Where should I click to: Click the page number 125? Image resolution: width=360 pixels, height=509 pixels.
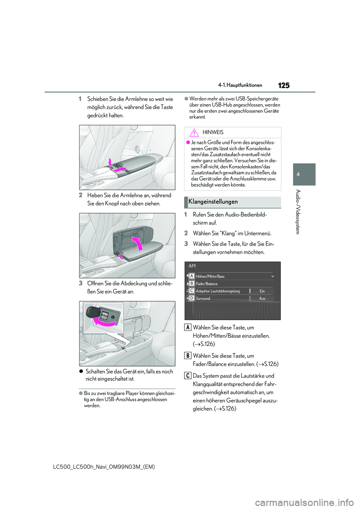(284, 85)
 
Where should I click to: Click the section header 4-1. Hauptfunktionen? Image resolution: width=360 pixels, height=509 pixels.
(240, 85)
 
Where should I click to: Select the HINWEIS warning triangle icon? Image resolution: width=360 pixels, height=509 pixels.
(194, 132)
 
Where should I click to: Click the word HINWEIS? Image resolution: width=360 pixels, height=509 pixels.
(213, 132)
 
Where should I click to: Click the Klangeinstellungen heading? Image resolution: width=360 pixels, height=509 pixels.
(213, 202)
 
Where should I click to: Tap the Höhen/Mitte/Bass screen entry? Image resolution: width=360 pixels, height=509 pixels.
(210, 277)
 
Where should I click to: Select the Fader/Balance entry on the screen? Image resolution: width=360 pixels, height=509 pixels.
(207, 284)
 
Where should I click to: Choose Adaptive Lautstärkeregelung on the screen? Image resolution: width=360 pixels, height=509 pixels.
(218, 291)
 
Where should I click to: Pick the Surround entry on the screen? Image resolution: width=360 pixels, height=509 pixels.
(203, 299)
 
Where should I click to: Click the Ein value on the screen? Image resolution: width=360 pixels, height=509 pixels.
(262, 291)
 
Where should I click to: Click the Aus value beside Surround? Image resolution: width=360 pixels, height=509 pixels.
(262, 299)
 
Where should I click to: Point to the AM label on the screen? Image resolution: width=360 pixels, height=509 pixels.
(192, 266)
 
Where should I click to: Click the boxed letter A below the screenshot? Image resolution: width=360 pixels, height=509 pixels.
(188, 327)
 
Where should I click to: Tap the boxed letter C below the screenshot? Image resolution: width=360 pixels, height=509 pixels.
(188, 376)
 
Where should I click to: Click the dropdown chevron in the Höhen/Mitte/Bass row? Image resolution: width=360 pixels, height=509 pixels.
(273, 277)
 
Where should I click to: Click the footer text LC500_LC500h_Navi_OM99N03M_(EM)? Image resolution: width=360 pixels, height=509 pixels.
(104, 467)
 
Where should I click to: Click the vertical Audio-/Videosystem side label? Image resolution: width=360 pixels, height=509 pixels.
(298, 212)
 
